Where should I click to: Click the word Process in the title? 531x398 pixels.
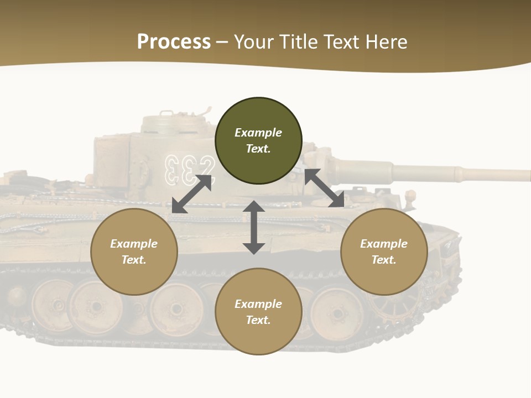click(x=174, y=42)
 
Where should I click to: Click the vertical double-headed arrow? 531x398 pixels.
click(x=254, y=228)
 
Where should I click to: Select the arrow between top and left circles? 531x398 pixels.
click(x=192, y=193)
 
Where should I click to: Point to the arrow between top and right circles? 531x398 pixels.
click(x=324, y=188)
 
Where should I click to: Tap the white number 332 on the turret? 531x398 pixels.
click(x=189, y=169)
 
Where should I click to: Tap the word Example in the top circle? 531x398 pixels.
click(x=258, y=133)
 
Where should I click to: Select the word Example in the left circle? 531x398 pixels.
click(x=134, y=244)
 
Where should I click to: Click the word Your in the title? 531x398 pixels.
click(x=252, y=42)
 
